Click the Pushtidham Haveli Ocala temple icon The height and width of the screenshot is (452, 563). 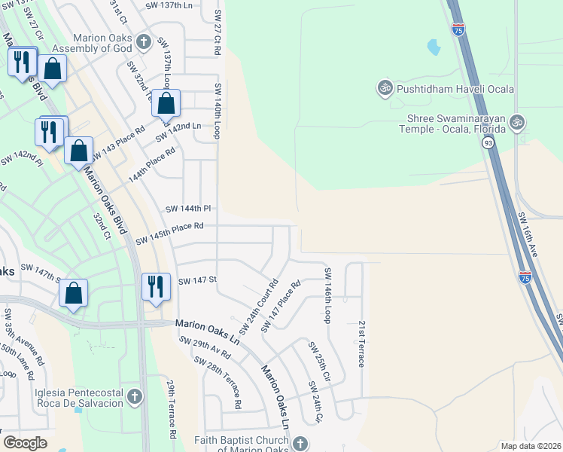coord(385,89)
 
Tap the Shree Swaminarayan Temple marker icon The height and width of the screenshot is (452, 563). coord(516,121)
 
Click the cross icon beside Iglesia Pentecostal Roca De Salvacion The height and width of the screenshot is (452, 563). coord(135,396)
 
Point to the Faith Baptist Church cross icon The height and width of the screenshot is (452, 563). coord(300,443)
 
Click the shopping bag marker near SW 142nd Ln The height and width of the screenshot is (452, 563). coord(166,102)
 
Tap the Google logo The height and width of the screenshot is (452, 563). coord(25,443)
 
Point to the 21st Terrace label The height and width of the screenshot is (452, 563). coord(362,343)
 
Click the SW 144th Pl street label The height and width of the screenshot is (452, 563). coord(187,208)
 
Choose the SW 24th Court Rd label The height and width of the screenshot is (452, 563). coord(259,308)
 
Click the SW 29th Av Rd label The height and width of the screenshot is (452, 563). coord(205,347)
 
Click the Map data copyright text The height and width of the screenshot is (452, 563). coord(530,445)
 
